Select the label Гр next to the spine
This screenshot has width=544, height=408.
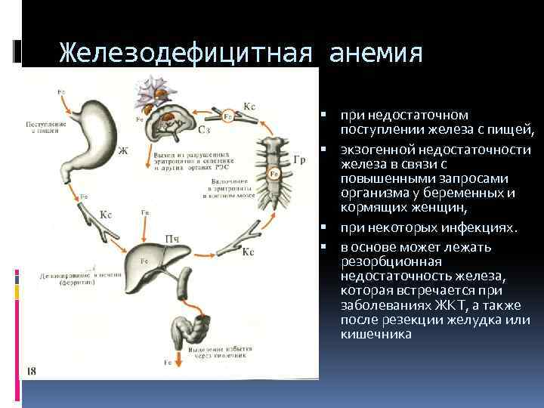[x=299, y=160]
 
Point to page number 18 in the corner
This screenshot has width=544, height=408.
[x=31, y=370]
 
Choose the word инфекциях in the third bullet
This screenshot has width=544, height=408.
[x=485, y=227]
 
